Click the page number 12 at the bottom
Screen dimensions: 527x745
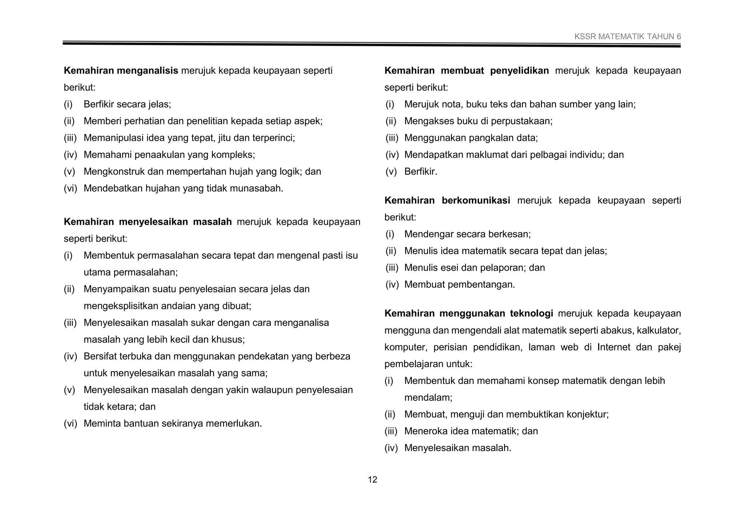pyautogui.click(x=372, y=480)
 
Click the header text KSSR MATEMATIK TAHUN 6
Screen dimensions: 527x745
pyautogui.click(x=628, y=36)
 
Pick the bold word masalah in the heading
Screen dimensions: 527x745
pyautogui.click(x=212, y=222)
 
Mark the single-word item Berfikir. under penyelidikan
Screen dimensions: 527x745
pyautogui.click(x=421, y=172)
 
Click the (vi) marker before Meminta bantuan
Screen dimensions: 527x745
pyautogui.click(x=70, y=424)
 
